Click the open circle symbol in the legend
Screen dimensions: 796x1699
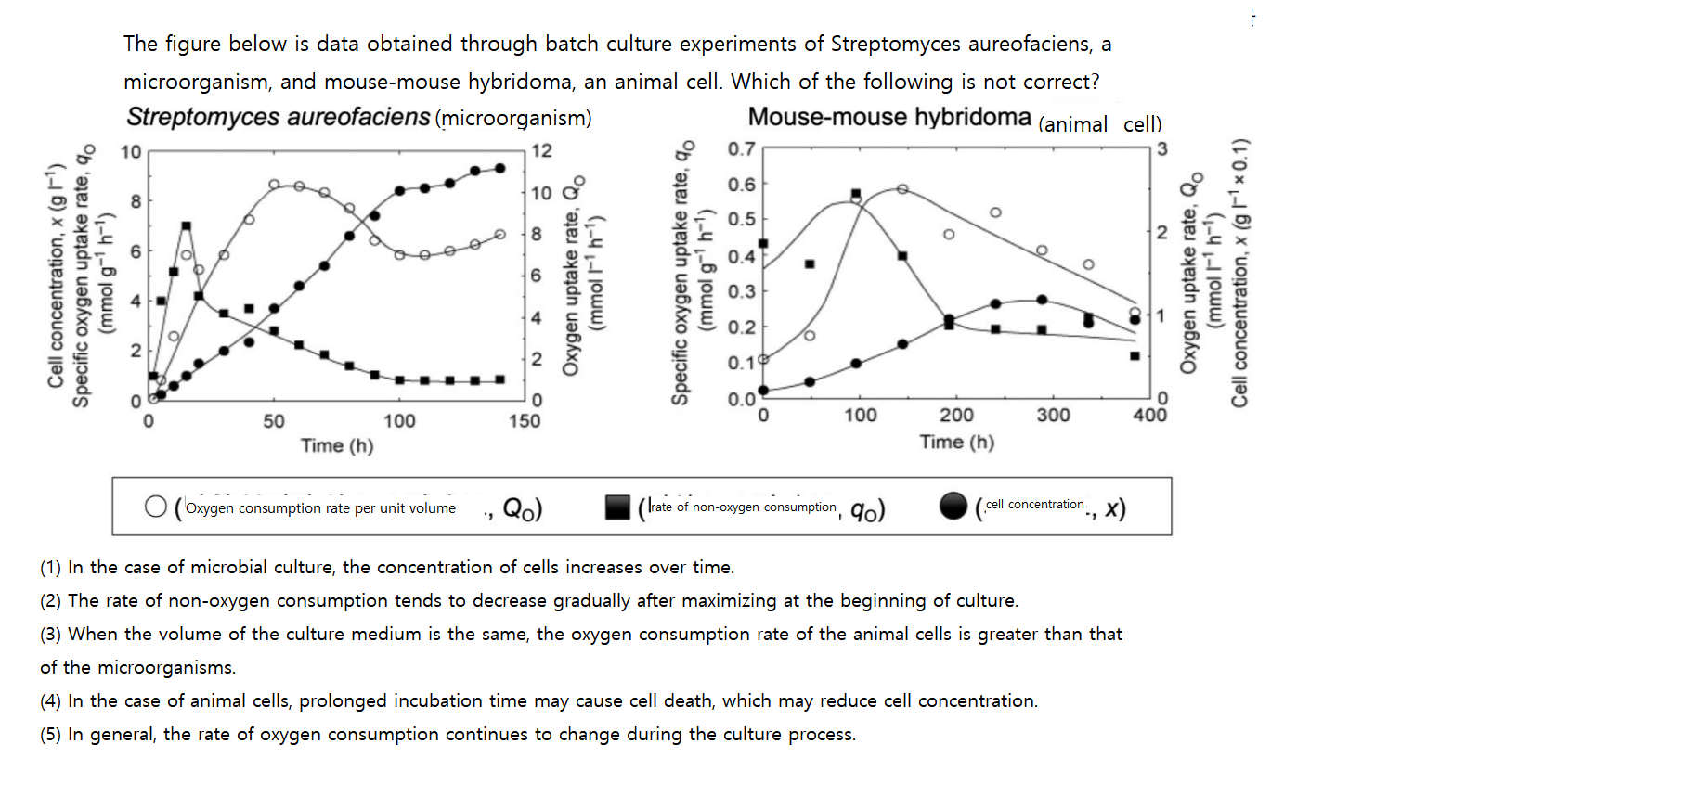(x=156, y=506)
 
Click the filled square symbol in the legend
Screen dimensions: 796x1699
(x=617, y=507)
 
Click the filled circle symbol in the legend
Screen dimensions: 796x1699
(x=953, y=506)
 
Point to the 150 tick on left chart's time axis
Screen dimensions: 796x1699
(x=525, y=421)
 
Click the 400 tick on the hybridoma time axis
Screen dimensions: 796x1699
(x=1149, y=415)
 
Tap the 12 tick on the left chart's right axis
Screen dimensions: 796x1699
(x=541, y=150)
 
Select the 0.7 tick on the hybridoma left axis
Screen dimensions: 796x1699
(x=741, y=148)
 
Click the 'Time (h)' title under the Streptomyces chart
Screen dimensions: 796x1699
(x=337, y=445)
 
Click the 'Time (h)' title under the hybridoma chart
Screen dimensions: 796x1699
(x=956, y=442)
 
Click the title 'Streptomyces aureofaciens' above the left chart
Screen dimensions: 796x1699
(x=279, y=117)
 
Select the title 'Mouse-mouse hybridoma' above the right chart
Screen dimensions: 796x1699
(x=889, y=117)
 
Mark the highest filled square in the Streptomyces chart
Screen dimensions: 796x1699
(x=187, y=225)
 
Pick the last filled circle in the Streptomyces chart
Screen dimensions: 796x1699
(x=499, y=168)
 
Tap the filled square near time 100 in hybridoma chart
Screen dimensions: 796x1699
(x=855, y=194)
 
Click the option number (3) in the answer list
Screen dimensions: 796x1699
(x=52, y=634)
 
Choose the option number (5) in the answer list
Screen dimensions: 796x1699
(x=52, y=734)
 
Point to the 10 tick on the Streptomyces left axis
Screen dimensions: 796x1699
(x=131, y=151)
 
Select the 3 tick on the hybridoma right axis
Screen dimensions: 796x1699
(x=1161, y=148)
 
